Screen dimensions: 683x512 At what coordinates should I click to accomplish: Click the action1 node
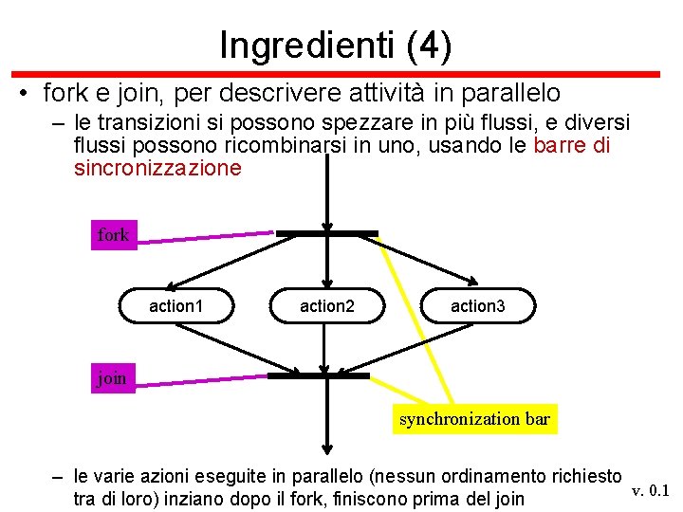click(x=176, y=305)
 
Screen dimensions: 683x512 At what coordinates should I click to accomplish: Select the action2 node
click(x=327, y=305)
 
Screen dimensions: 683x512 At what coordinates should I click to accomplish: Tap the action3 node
click(x=478, y=305)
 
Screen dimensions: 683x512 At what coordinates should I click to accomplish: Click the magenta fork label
click(x=113, y=234)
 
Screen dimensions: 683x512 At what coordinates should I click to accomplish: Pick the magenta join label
click(x=111, y=377)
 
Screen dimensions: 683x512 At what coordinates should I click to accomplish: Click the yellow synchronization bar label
click(x=474, y=418)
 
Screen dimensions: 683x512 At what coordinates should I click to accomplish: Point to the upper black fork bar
click(x=326, y=232)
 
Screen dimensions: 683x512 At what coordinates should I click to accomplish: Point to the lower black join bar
click(x=318, y=375)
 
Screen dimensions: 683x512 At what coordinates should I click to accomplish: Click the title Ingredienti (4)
click(x=335, y=45)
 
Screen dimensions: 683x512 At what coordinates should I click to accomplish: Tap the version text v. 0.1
click(x=651, y=489)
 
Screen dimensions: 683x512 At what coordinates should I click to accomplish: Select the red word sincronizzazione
click(x=157, y=169)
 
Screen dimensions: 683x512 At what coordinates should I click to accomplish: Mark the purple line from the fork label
click(x=204, y=237)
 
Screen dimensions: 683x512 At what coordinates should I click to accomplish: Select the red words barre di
click(x=572, y=146)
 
